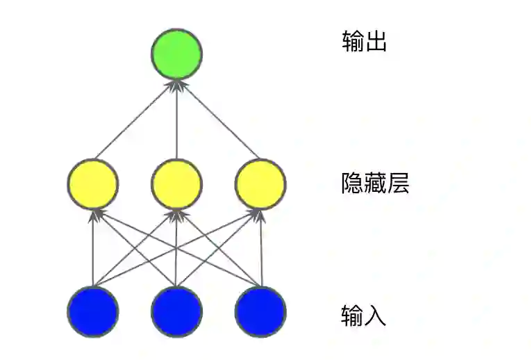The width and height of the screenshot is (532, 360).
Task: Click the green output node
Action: click(x=177, y=54)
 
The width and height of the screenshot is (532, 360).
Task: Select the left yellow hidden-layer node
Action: click(x=93, y=183)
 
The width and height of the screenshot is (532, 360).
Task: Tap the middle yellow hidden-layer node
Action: click(x=177, y=183)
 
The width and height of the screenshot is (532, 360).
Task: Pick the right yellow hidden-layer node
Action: click(x=260, y=183)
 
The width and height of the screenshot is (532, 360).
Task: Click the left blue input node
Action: click(x=93, y=311)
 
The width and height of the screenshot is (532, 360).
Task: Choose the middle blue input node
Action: click(x=177, y=311)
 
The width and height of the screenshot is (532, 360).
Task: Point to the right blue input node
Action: click(x=260, y=311)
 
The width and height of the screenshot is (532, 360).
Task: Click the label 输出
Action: click(x=364, y=42)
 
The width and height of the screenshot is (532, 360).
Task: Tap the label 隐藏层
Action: click(x=375, y=183)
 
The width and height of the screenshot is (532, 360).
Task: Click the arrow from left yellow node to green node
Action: click(x=135, y=119)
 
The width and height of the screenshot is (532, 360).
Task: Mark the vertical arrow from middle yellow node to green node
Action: click(x=177, y=118)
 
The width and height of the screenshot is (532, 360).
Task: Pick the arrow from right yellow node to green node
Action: click(x=219, y=119)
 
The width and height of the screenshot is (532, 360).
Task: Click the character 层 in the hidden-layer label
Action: click(x=398, y=183)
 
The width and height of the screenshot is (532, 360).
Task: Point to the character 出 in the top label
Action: click(x=375, y=42)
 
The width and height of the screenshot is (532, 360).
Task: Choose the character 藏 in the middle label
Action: click(x=375, y=183)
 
